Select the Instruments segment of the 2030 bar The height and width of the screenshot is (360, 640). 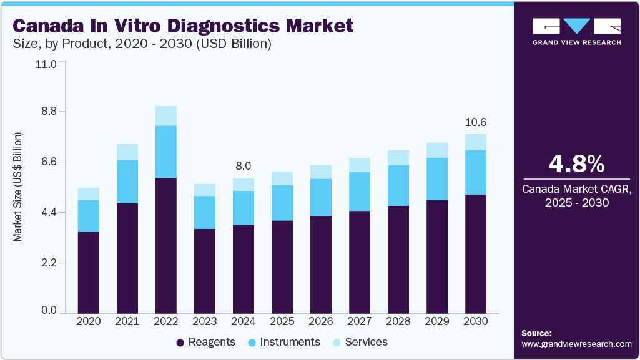pyautogui.click(x=476, y=172)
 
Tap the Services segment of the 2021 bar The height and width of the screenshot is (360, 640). pyautogui.click(x=127, y=152)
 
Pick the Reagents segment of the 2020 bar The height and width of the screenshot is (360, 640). pyautogui.click(x=89, y=272)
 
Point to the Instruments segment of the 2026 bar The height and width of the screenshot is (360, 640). pyautogui.click(x=321, y=197)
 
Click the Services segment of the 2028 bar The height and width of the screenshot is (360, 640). pyautogui.click(x=398, y=158)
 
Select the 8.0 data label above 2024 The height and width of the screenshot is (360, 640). pyautogui.click(x=243, y=166)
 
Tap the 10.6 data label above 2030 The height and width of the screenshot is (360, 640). pyautogui.click(x=476, y=122)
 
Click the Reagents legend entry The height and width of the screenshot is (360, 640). pyautogui.click(x=205, y=342)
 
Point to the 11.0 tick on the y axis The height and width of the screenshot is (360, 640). pyautogui.click(x=47, y=64)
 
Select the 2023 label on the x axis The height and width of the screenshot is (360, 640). pyautogui.click(x=204, y=321)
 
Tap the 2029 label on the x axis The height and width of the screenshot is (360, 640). pyautogui.click(x=437, y=321)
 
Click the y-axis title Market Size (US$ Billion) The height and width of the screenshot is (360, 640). pyautogui.click(x=18, y=187)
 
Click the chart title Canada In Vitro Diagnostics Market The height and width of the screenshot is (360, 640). pyautogui.click(x=183, y=26)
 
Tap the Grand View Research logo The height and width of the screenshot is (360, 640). pyautogui.click(x=576, y=31)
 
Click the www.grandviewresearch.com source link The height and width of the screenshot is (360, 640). pyautogui.click(x=576, y=344)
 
